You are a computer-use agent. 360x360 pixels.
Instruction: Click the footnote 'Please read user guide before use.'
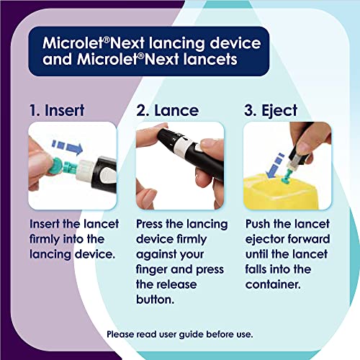point(179,334)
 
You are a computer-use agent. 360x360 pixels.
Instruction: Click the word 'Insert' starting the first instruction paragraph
point(47,224)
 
